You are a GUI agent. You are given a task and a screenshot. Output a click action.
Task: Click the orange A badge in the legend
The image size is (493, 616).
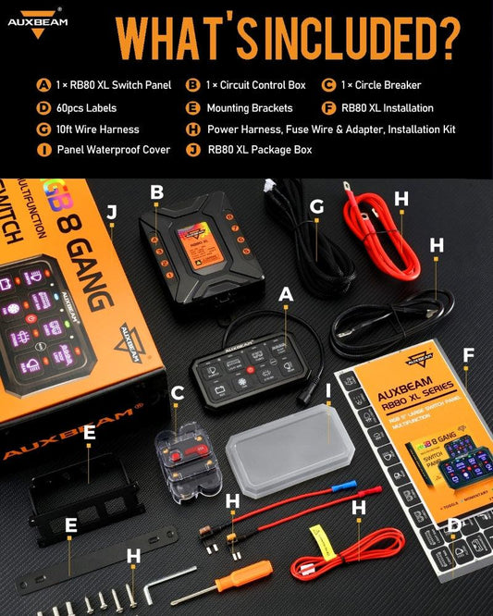click(43, 85)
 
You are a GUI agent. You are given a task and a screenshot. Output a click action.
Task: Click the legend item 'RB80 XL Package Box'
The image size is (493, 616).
click(260, 150)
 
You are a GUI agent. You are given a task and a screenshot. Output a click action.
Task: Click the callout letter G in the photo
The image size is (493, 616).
click(316, 207)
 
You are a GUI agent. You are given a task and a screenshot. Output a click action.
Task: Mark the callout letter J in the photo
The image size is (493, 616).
click(112, 212)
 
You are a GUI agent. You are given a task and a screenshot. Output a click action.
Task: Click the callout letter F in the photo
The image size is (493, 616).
click(469, 354)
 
